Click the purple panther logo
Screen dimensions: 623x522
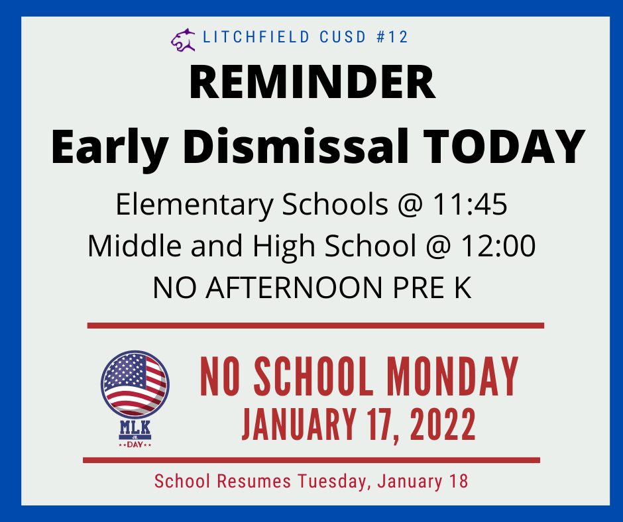183,40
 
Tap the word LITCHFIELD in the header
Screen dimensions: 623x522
256,37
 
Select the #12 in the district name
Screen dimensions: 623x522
392,37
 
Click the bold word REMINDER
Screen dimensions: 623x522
312,83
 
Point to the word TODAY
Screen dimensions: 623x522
504,146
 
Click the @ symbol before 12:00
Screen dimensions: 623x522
439,246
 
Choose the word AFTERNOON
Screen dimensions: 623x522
294,287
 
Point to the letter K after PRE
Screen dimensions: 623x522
463,287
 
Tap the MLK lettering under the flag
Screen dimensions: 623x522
135,427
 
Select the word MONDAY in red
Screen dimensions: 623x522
453,377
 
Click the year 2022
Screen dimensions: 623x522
443,424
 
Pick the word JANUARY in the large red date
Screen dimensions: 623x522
299,424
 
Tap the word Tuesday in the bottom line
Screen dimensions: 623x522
332,482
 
